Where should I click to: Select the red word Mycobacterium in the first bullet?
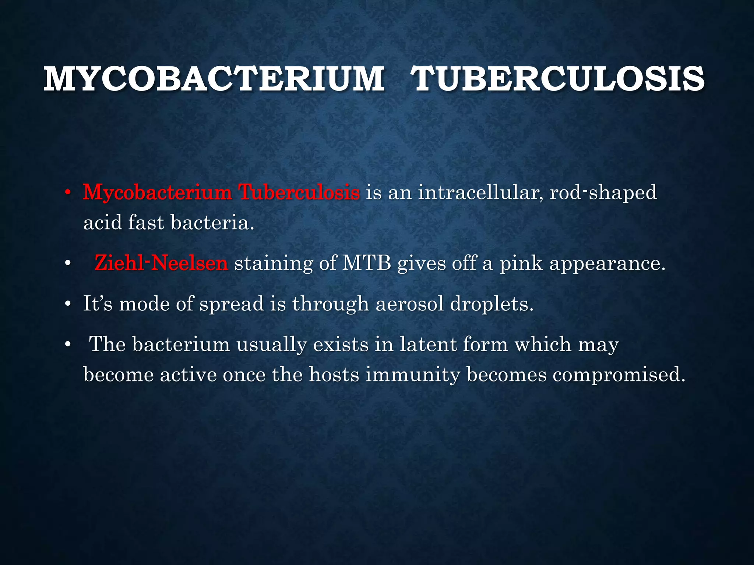(x=157, y=192)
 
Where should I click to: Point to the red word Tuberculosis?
(x=299, y=192)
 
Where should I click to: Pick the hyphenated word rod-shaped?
(x=603, y=193)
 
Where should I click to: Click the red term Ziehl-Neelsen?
(x=161, y=263)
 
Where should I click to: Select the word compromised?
(x=619, y=375)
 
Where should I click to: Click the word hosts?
(x=334, y=374)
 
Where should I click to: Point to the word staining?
(x=274, y=264)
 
